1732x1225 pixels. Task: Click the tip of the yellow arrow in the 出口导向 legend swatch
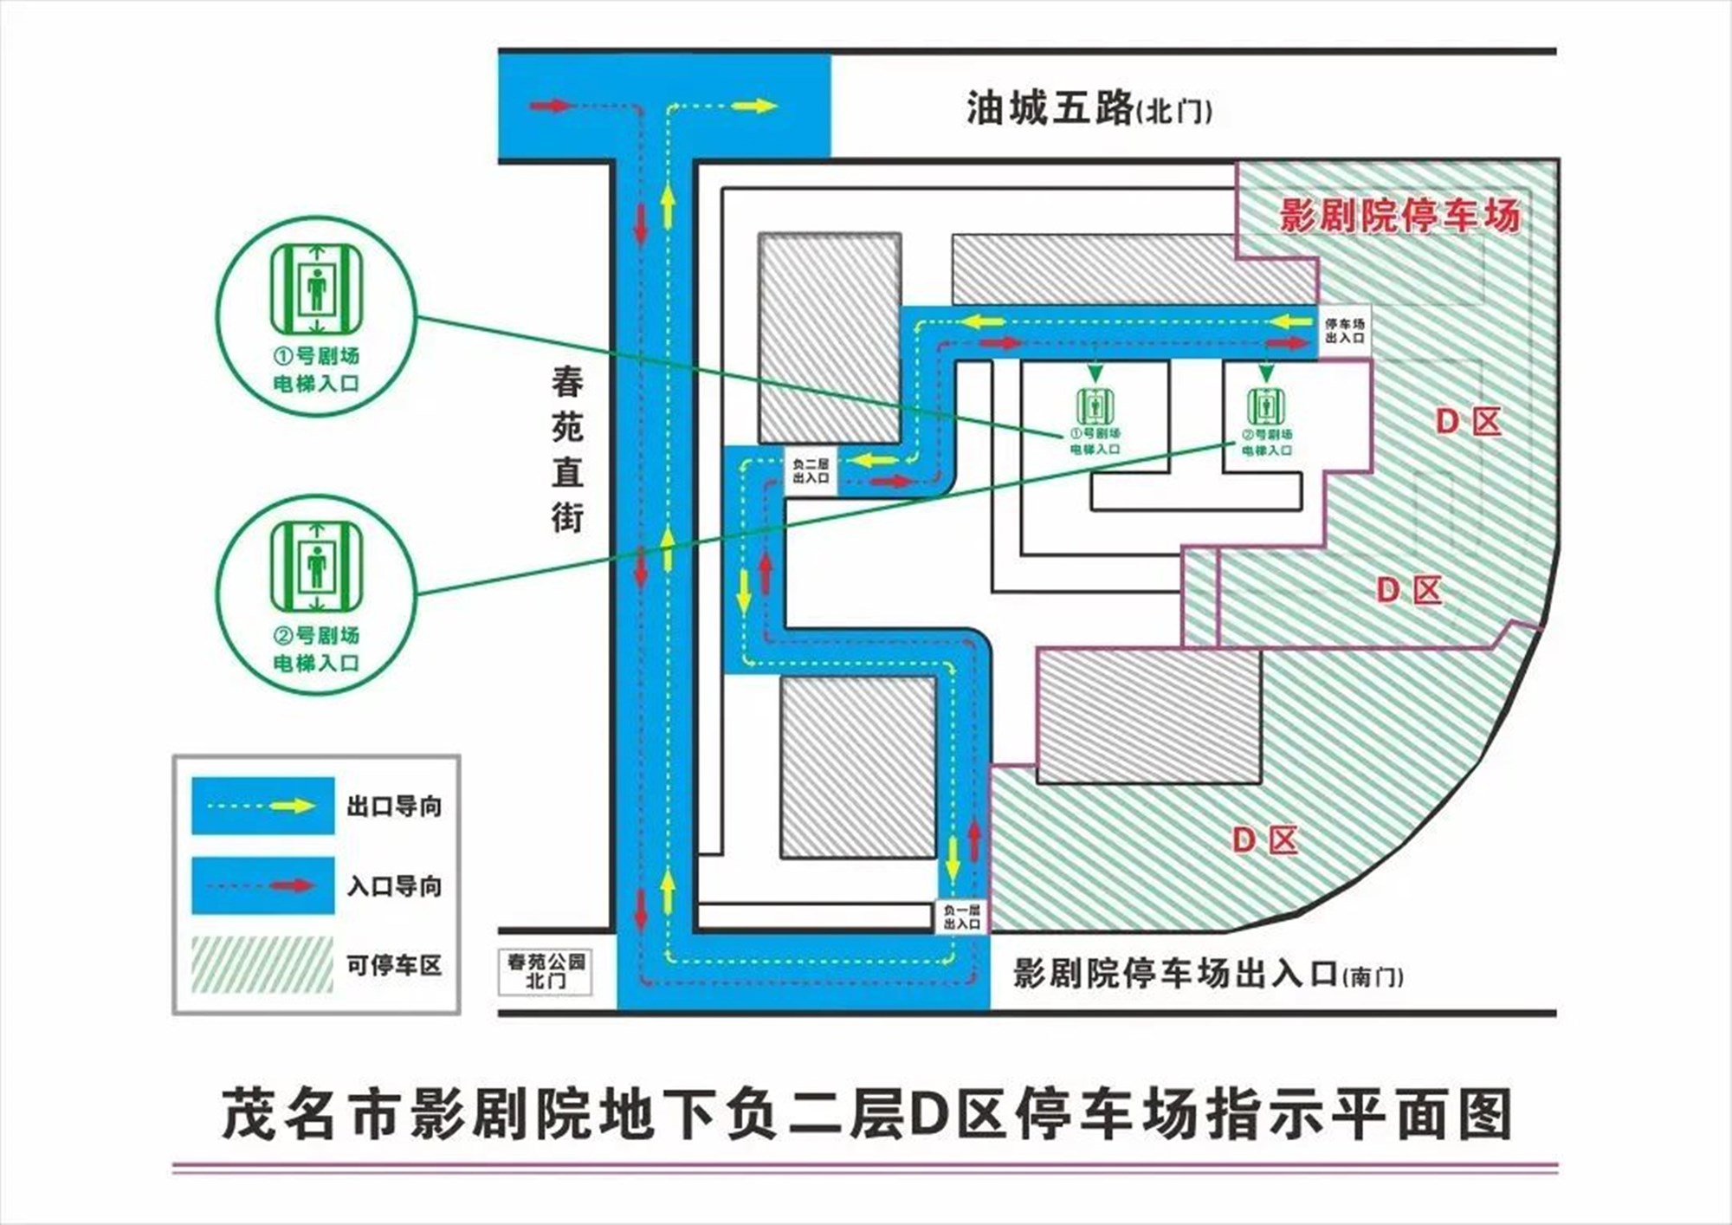click(x=317, y=806)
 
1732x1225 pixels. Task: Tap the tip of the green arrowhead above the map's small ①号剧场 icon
click(x=1096, y=382)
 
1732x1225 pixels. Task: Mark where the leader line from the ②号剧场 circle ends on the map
click(x=1234, y=444)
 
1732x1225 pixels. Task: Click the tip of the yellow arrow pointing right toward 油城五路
click(x=779, y=106)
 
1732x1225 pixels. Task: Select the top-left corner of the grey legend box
click(x=173, y=755)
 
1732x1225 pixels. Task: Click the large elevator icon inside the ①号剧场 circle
click(x=316, y=288)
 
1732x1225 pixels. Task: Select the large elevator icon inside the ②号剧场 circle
click(x=316, y=567)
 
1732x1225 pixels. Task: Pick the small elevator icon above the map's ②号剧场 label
click(x=1266, y=406)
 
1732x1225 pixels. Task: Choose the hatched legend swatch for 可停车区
click(x=262, y=964)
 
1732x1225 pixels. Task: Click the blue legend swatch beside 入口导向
click(x=262, y=885)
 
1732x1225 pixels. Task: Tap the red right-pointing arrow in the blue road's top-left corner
click(x=553, y=106)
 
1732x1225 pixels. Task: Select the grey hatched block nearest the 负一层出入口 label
click(x=858, y=768)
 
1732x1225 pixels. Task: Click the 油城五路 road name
click(x=1050, y=109)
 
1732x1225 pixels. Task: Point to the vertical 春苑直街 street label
click(x=568, y=450)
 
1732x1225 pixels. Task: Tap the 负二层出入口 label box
click(x=811, y=471)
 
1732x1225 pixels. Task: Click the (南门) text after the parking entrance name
click(x=1373, y=977)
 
